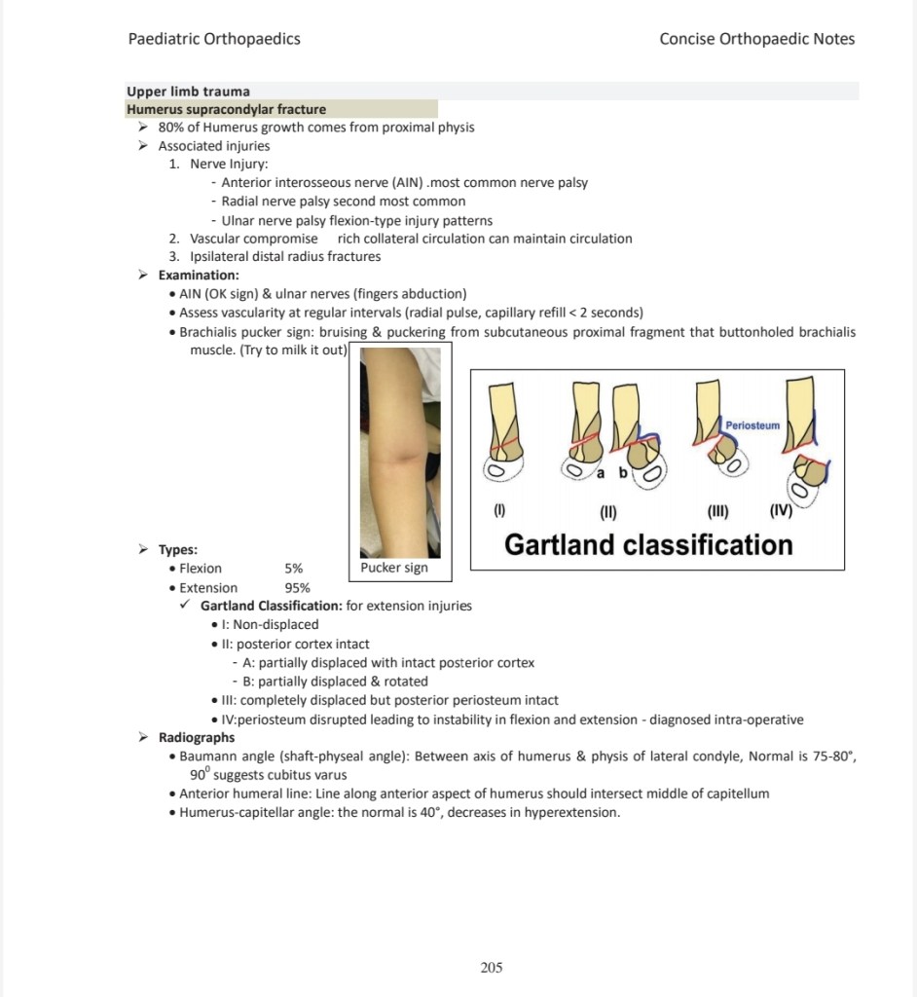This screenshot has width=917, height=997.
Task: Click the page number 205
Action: (x=492, y=967)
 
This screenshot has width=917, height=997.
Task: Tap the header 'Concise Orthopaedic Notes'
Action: (x=756, y=39)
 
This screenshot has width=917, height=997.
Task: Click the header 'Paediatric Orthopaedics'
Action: (x=214, y=39)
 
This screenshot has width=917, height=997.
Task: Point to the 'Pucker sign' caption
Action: (x=393, y=568)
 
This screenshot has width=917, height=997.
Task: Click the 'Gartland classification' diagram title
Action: (x=648, y=543)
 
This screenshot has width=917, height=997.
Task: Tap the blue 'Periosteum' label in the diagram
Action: (x=752, y=425)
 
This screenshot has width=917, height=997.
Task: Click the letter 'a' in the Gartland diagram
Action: (x=601, y=473)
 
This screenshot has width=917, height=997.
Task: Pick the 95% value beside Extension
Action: (x=297, y=587)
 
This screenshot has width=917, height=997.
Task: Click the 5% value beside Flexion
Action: (x=293, y=568)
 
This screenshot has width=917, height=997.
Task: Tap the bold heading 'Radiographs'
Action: (x=197, y=737)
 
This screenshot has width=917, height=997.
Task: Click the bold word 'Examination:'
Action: (x=199, y=276)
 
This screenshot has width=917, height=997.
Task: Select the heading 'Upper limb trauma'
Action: (x=188, y=92)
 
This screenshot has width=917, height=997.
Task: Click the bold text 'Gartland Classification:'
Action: (x=271, y=606)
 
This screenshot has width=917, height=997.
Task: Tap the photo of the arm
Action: (x=399, y=453)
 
